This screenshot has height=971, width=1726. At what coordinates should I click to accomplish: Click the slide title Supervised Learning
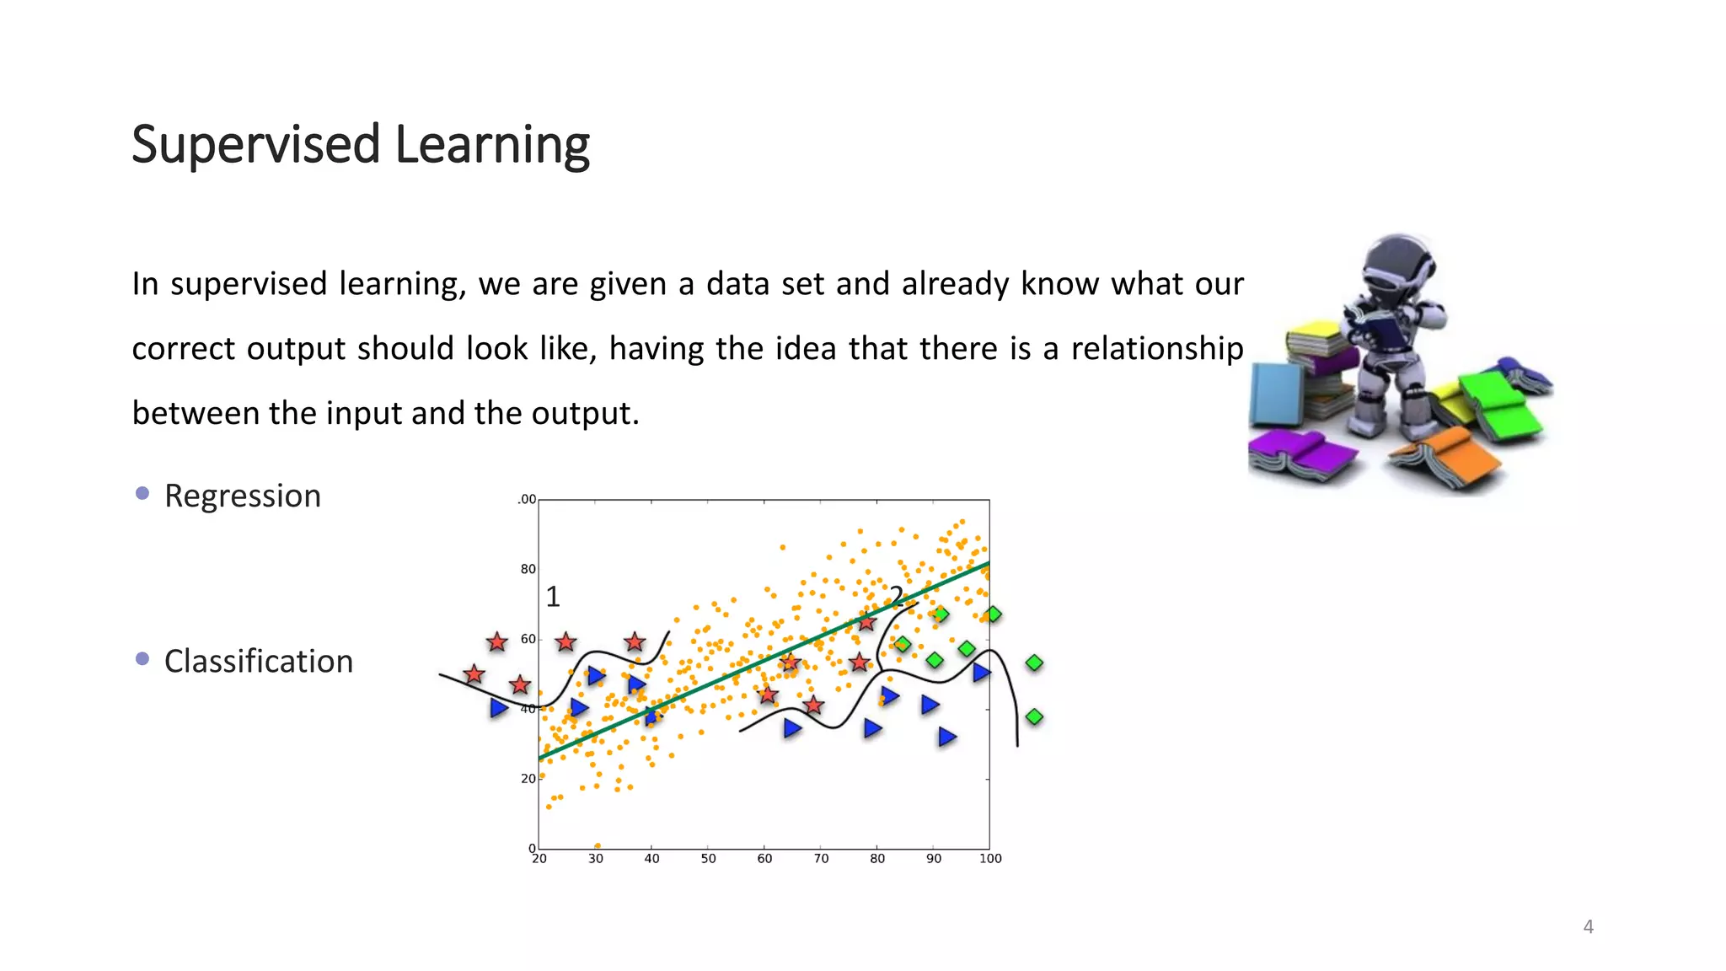pyautogui.click(x=361, y=145)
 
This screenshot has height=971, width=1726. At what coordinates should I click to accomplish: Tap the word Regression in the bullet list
pyautogui.click(x=243, y=496)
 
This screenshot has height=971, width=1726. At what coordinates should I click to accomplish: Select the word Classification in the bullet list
pyautogui.click(x=258, y=662)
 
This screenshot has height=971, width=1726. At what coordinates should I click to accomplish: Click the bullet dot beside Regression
pyautogui.click(x=142, y=493)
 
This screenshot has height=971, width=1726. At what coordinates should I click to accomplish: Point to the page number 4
pyautogui.click(x=1588, y=927)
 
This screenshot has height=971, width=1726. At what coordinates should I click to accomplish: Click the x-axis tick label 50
pyautogui.click(x=708, y=859)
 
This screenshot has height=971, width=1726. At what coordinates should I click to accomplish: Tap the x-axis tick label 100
pyautogui.click(x=990, y=859)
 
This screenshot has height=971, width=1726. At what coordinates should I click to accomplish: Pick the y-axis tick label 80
pyautogui.click(x=528, y=569)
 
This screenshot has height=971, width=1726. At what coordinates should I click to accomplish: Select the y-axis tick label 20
pyautogui.click(x=528, y=779)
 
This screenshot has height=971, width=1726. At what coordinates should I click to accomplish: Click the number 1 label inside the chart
pyautogui.click(x=553, y=597)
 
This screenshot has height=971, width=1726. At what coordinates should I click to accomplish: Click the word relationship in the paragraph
pyautogui.click(x=1156, y=348)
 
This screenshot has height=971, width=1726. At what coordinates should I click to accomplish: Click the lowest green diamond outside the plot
pyautogui.click(x=1034, y=717)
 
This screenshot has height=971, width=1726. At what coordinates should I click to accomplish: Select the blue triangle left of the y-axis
pyautogui.click(x=499, y=707)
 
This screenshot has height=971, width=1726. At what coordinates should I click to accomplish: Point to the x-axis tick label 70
pyautogui.click(x=821, y=859)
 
